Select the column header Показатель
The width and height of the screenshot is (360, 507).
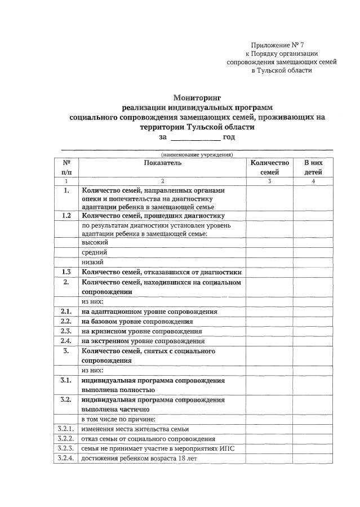pyautogui.click(x=162, y=163)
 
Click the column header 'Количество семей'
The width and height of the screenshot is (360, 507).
pyautogui.click(x=270, y=167)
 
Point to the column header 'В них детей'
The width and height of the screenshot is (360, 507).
pyautogui.click(x=313, y=167)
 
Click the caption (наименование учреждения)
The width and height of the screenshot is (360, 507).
pyautogui.click(x=197, y=154)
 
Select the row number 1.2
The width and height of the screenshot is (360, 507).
pyautogui.click(x=66, y=216)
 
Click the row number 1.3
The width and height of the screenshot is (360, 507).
pyautogui.click(x=66, y=272)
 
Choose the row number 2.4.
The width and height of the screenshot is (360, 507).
pyautogui.click(x=66, y=341)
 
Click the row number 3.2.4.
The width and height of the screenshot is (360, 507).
pyautogui.click(x=66, y=459)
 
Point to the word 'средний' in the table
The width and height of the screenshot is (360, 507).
pyautogui.click(x=94, y=252)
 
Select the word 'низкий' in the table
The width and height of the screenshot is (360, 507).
pyautogui.click(x=94, y=262)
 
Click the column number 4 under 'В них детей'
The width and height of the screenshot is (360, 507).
pyautogui.click(x=313, y=181)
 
